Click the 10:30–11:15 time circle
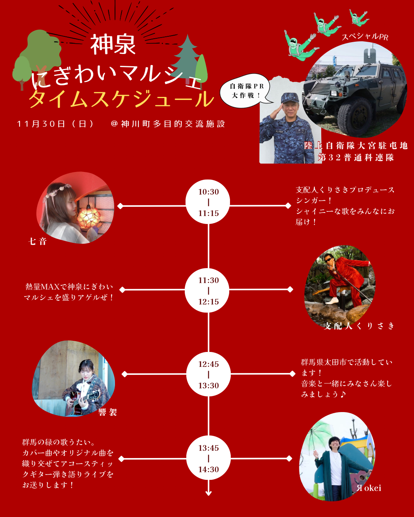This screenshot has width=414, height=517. [208, 202]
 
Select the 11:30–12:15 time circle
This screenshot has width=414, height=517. [208, 291]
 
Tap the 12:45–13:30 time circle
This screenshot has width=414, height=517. [208, 375]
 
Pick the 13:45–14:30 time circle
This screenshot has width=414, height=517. [208, 458]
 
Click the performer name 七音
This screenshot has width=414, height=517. [38, 241]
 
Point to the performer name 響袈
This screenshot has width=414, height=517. [108, 412]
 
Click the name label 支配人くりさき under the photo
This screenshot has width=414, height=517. [359, 326]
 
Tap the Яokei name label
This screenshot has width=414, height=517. [369, 488]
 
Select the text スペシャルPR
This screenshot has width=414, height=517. [365, 37]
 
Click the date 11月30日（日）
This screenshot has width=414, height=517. [56, 124]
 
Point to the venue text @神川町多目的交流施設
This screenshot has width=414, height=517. [168, 124]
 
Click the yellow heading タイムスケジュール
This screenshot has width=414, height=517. [121, 99]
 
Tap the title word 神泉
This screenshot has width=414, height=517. [113, 45]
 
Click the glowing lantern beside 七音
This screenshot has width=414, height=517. [89, 216]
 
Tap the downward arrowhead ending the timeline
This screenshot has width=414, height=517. [209, 493]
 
